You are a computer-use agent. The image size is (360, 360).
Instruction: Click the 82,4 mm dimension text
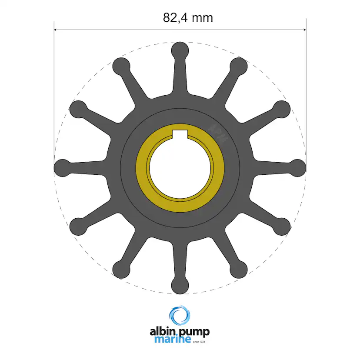tap(188, 18)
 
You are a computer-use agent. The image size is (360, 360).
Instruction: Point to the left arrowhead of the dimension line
tap(56, 30)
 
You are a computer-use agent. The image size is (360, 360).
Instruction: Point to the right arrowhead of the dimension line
tap(304, 30)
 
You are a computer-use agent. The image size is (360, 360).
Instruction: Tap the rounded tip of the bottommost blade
tap(180, 285)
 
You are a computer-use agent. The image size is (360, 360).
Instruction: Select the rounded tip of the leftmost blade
tap(63, 167)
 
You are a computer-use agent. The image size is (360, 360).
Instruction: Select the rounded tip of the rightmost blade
tap(298, 167)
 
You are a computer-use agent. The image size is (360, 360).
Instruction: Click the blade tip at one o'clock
tap(239, 66)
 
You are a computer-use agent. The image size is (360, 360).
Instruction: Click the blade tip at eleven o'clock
tap(121, 66)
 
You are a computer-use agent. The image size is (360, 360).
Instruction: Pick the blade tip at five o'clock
tap(239, 269)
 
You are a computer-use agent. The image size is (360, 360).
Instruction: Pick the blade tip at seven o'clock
tap(121, 269)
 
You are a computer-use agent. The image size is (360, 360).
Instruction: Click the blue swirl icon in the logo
tap(180, 317)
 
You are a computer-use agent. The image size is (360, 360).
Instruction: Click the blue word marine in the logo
tap(172, 340)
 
